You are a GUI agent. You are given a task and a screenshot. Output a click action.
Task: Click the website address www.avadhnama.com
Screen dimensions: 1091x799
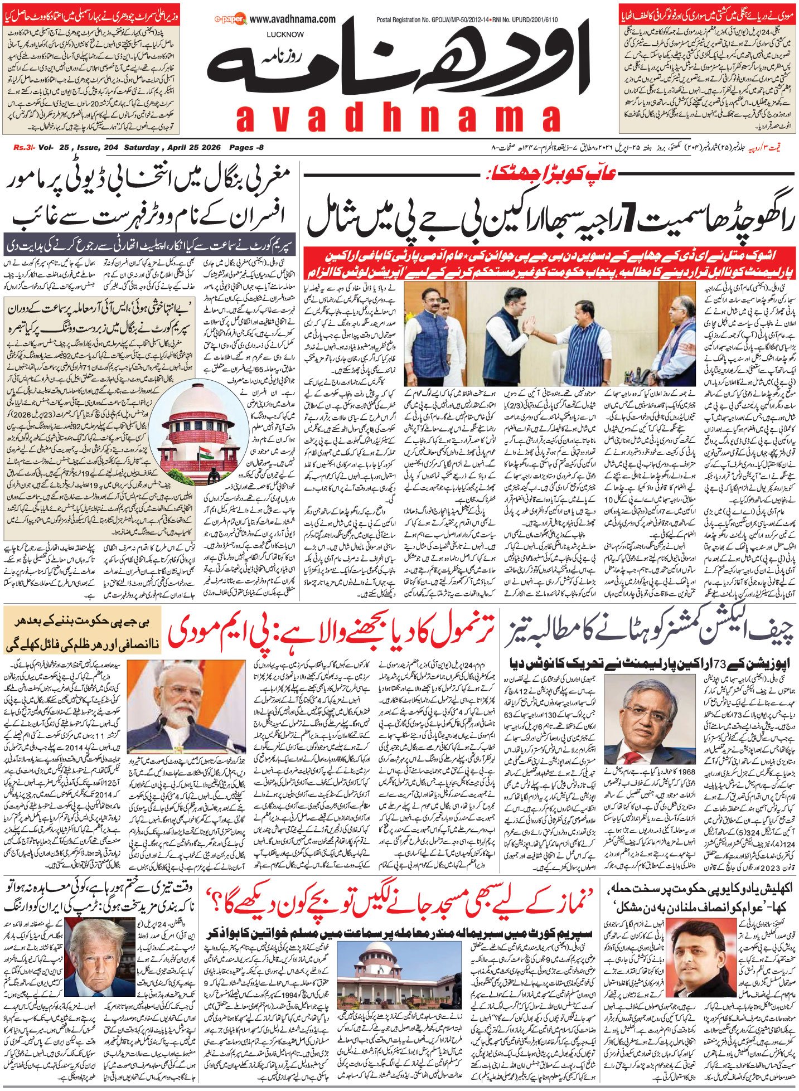pyautogui.click(x=292, y=20)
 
